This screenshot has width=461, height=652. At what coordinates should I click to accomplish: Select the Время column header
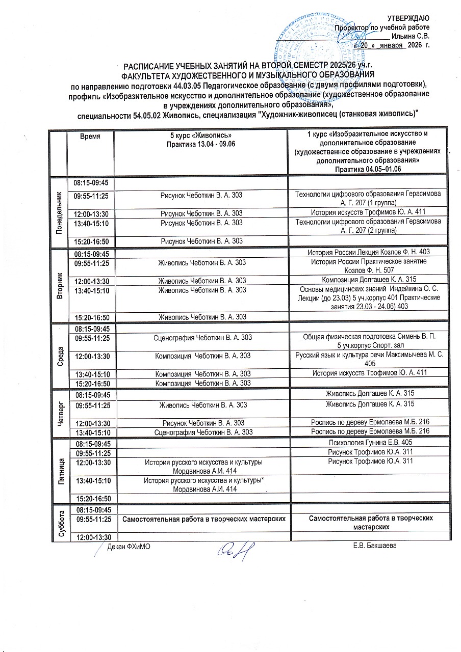(x=90, y=137)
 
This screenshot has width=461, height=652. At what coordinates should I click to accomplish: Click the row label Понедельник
(x=59, y=211)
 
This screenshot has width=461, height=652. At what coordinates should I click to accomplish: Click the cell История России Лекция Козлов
(x=369, y=253)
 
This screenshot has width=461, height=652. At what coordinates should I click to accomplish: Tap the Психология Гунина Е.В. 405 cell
(x=369, y=443)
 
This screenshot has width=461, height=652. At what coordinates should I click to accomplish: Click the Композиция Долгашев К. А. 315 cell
(x=369, y=281)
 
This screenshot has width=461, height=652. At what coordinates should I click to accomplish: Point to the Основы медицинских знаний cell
(x=369, y=297)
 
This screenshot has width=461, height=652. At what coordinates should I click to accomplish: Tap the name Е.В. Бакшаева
(x=375, y=547)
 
